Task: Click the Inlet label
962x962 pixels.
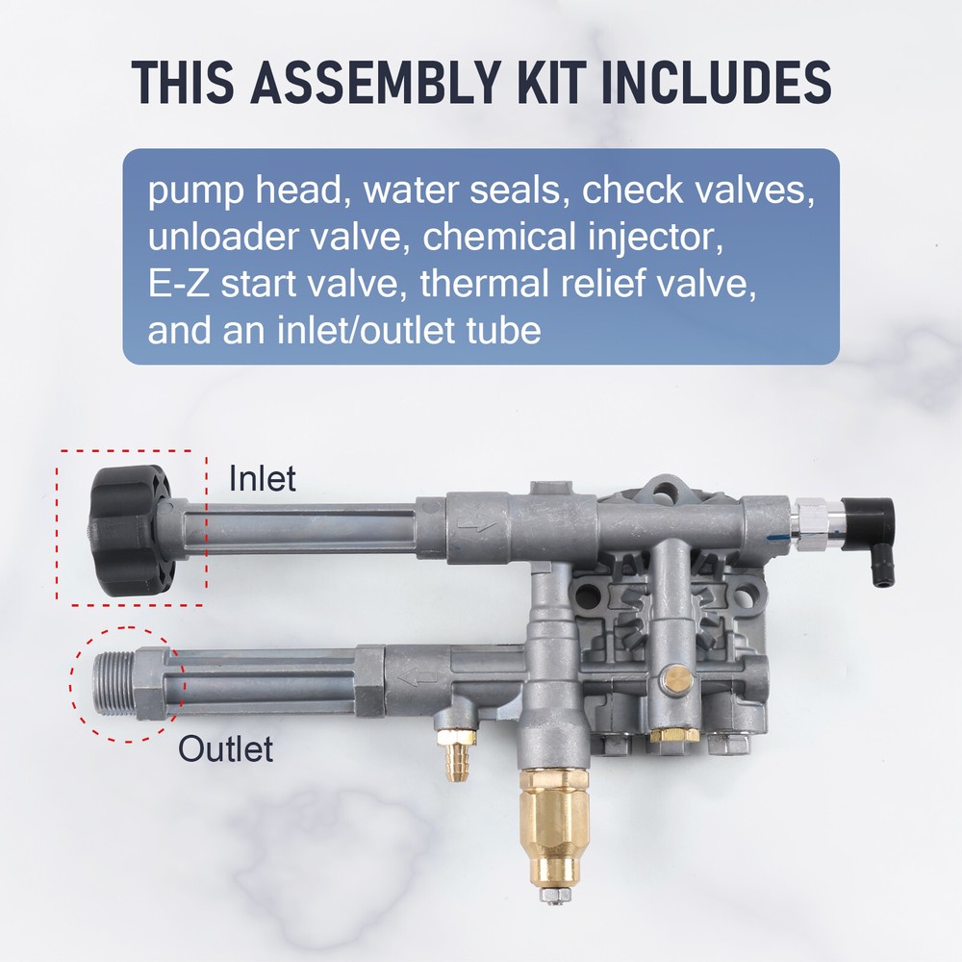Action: point(262,478)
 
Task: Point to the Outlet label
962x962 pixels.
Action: point(226,749)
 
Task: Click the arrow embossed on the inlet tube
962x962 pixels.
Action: point(474,523)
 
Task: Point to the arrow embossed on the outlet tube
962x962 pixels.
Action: point(418,678)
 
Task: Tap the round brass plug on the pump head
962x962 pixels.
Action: point(675,679)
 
